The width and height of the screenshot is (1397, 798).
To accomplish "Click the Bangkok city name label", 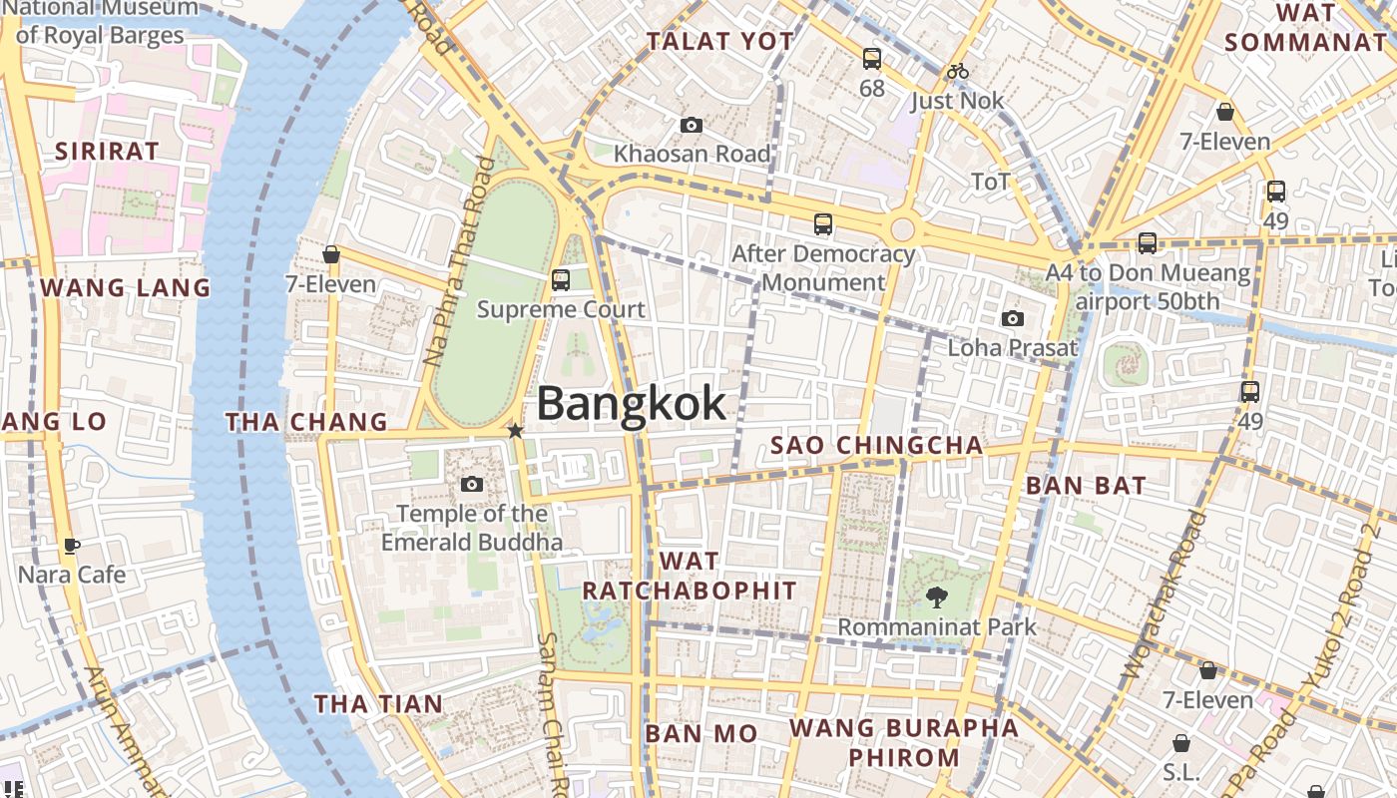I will (632, 404).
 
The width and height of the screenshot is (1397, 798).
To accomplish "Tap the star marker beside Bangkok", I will (515, 431).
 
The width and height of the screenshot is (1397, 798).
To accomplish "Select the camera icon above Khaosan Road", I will (691, 125).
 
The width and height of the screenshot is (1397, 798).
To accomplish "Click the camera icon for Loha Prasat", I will (1013, 318).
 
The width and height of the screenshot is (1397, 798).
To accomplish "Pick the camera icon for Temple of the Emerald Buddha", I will (472, 485).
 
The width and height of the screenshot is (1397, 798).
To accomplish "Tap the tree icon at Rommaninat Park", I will (936, 598).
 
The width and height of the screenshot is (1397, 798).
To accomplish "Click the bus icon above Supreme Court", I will (561, 280).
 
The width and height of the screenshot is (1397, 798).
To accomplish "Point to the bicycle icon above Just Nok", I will (958, 71).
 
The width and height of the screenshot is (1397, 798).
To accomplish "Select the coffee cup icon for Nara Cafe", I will (72, 546).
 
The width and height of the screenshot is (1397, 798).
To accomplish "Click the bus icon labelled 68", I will (872, 59).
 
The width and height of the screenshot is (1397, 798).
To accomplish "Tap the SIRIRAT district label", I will (107, 152).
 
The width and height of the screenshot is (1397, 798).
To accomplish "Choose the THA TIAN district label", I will (378, 704).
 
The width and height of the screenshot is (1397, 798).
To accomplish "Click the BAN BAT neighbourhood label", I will (1087, 487).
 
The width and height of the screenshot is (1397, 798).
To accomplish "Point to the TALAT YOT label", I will (720, 42).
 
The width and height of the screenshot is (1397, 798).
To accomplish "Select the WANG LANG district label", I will (126, 288).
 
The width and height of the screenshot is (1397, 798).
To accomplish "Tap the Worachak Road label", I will (1164, 596).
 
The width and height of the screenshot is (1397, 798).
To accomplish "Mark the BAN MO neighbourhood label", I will (701, 734).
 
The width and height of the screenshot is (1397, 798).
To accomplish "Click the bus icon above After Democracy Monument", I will (823, 224).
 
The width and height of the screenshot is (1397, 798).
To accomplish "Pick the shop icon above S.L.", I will (1181, 743).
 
